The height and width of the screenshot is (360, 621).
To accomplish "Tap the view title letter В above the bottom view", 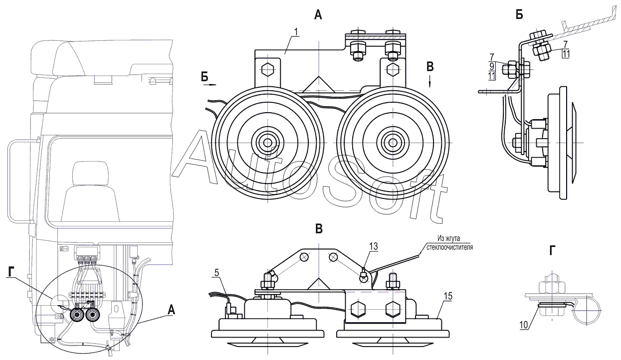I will click(319, 229).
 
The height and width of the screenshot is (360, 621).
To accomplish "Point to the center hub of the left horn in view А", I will click(268, 143).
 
